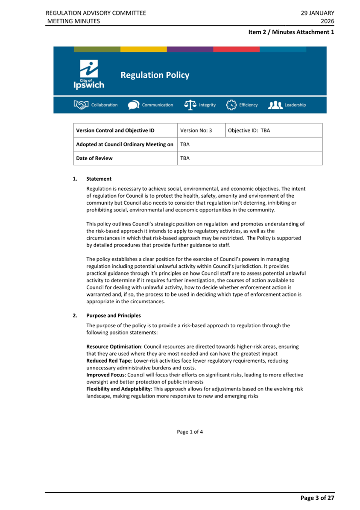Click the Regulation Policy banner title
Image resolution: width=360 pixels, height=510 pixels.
pyautogui.click(x=155, y=75)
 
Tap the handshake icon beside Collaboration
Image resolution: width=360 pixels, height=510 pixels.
pyautogui.click(x=81, y=105)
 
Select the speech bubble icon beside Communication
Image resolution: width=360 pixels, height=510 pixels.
pyautogui.click(x=134, y=105)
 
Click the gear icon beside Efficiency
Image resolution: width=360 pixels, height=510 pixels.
pyautogui.click(x=231, y=105)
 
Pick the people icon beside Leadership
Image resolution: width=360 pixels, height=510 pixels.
pyautogui.click(x=275, y=105)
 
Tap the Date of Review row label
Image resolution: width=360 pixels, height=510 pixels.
pyautogui.click(x=94, y=158)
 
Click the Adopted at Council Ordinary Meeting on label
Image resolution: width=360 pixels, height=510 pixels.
pyautogui.click(x=125, y=144)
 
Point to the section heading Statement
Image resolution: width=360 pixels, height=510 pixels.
pyautogui.click(x=99, y=179)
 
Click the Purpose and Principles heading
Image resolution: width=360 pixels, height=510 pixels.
pyautogui.click(x=113, y=316)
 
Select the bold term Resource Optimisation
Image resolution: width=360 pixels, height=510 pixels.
pyautogui.click(x=114, y=346)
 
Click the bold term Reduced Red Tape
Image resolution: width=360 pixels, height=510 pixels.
pyautogui.click(x=108, y=361)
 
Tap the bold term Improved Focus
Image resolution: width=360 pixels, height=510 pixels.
pyautogui.click(x=105, y=375)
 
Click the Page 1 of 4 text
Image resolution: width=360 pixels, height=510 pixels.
pyautogui.click(x=190, y=432)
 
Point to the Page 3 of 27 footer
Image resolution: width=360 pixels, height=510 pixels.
pyautogui.click(x=317, y=498)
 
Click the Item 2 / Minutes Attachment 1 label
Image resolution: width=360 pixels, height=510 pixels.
pyautogui.click(x=291, y=32)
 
